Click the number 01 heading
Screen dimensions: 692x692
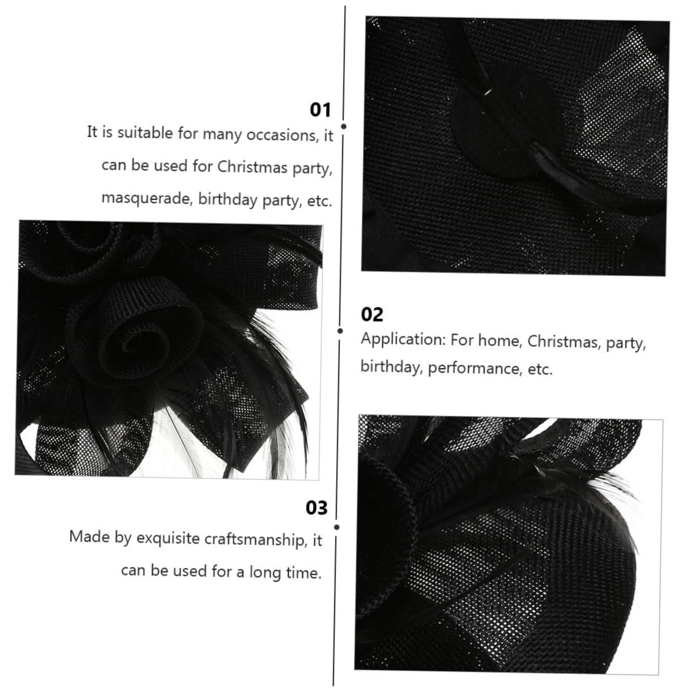coord(320,109)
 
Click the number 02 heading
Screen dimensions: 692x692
coord(372,315)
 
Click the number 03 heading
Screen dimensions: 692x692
coord(317,508)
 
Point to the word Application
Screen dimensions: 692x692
coord(403,340)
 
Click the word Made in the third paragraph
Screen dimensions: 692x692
coord(89,536)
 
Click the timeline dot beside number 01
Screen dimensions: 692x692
coord(344,126)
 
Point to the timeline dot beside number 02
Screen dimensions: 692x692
coord(340,331)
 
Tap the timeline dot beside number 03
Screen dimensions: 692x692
coord(336,527)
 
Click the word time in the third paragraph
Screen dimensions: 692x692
coord(303,572)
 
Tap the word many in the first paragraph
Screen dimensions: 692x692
coord(221,135)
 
